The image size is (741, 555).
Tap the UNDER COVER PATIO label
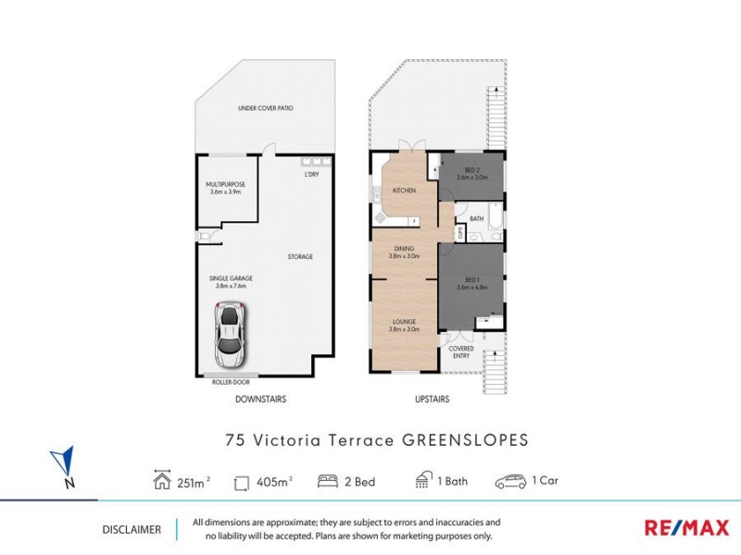[x=265, y=108]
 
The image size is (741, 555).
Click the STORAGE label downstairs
[x=299, y=256]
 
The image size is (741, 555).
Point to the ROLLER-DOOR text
[x=232, y=381]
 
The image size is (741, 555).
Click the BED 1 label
[x=471, y=281]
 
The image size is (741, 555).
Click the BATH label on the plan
[x=477, y=218]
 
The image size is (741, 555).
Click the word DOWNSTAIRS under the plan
[x=259, y=400]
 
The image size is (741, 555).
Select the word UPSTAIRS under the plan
[x=432, y=400]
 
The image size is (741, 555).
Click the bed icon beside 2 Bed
[x=327, y=481]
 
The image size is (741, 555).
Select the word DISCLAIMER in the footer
[x=132, y=530]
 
